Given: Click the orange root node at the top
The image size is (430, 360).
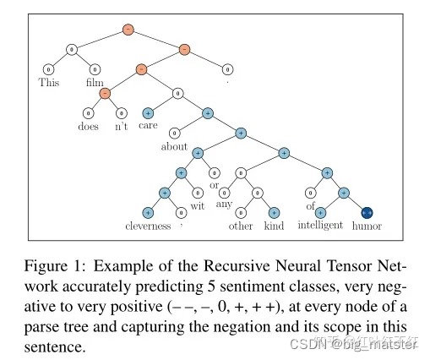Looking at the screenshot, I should point(128,30).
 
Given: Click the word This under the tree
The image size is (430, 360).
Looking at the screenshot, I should point(49,83).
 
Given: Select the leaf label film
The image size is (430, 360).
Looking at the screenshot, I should point(95,83).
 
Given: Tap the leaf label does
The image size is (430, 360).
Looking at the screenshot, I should point(86,127).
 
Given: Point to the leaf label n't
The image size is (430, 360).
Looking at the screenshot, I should point(122,127).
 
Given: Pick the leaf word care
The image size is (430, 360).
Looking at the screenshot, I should point(149,127).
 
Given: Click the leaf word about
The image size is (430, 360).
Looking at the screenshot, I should point(174,145).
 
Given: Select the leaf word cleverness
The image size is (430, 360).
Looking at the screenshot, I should point(147,226).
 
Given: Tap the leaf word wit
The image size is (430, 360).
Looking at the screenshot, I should point(198,205).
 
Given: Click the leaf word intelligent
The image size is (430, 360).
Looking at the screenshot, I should point(320,226).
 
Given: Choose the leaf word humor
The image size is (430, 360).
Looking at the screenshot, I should point(367,226).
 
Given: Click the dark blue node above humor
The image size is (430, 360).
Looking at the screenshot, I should point(367,212).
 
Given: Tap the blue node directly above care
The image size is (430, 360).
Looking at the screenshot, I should point(149,112).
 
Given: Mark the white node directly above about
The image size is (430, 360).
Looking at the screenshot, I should point(175,132).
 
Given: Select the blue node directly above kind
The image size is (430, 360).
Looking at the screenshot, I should point(273,212).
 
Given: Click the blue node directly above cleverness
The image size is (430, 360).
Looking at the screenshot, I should point(148,212).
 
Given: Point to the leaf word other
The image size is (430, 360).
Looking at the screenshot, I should point(241,226).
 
